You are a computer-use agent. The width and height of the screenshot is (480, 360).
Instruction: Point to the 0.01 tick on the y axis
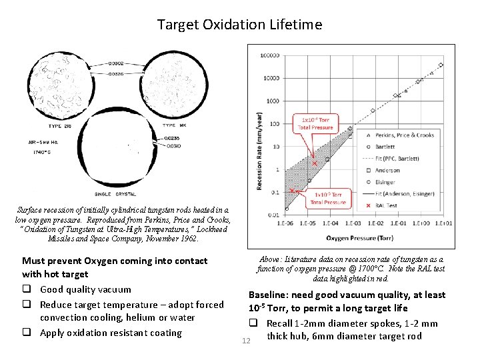tap(273, 215)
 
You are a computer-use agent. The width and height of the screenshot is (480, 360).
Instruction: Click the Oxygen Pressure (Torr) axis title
tap(359, 237)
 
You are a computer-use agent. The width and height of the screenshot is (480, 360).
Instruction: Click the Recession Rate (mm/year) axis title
tap(259, 151)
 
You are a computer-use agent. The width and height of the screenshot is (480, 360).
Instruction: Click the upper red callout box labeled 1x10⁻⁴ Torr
tap(315, 123)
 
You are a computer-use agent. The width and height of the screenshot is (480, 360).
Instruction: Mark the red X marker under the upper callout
tap(315, 163)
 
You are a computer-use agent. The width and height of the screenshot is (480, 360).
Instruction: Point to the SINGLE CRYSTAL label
tap(115, 194)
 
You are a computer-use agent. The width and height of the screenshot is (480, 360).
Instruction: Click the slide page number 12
tap(246, 341)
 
